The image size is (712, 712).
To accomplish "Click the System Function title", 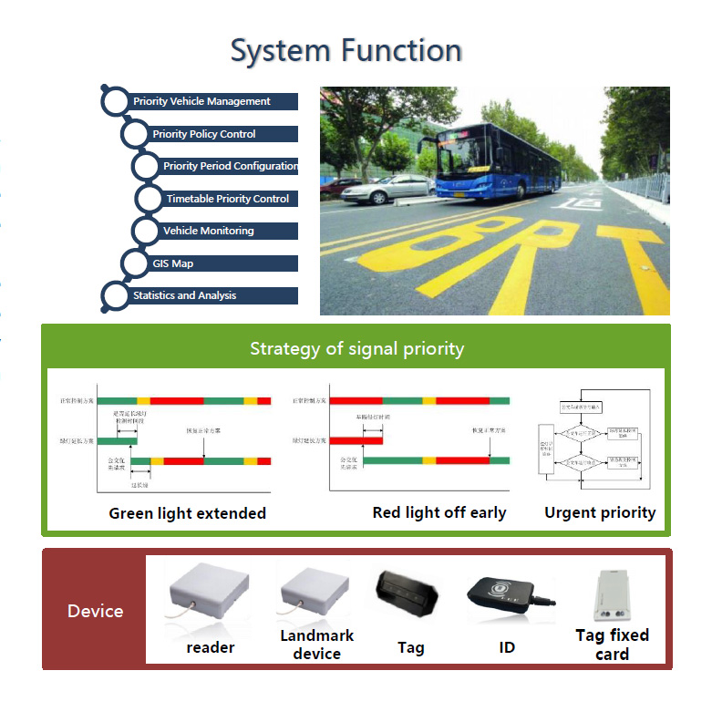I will pos(346,50).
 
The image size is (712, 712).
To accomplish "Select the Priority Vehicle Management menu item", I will pos(201,101).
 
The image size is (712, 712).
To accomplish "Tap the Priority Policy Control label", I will pos(204,134).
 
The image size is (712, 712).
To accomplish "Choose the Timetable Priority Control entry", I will pos(227,199).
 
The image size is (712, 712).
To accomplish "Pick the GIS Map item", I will pos(172,263).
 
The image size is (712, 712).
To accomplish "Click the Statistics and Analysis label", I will pos(184,295).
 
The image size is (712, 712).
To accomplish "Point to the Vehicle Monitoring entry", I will pos(208,231).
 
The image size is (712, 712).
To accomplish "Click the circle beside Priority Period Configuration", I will pos(146,167).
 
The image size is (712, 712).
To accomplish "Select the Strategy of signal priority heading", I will pos(356,348).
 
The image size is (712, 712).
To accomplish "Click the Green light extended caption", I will pos(187,512).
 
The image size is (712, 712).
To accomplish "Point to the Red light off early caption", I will pos(439,511).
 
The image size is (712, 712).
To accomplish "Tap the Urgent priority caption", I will pos(599,511).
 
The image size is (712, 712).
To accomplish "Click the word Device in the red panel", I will pos(95,611).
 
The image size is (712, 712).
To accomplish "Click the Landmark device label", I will pos(316,644).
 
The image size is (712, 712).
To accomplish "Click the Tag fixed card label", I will pos(612,644).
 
